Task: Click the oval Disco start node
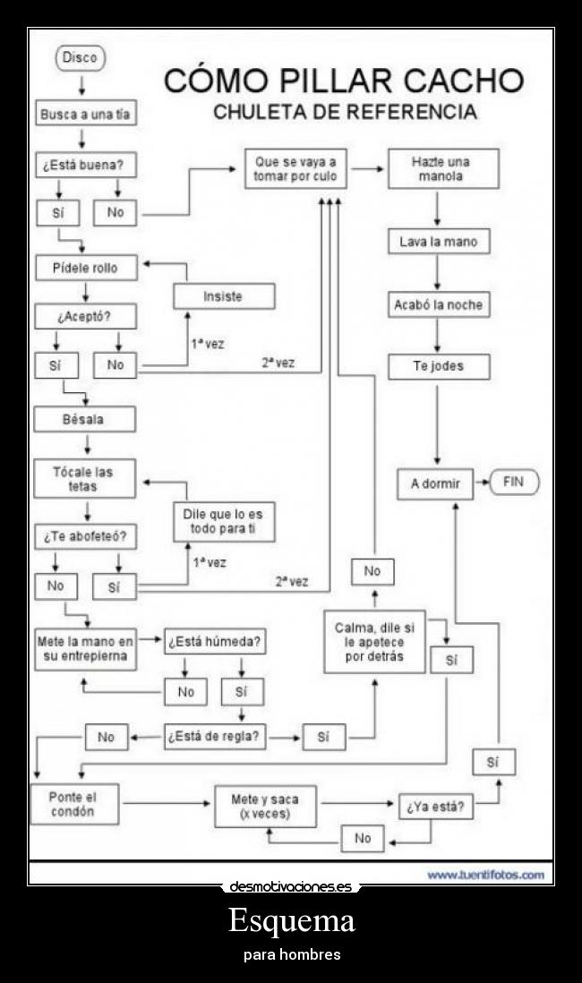tap(81, 59)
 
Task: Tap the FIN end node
tap(512, 483)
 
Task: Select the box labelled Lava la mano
tap(438, 242)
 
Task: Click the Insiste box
tap(223, 296)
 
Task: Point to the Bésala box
tap(84, 419)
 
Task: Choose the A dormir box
tap(435, 483)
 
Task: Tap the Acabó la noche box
tap(438, 304)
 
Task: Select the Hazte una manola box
tap(441, 169)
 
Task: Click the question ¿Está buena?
tap(80, 166)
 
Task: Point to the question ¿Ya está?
tap(435, 806)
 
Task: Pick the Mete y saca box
tap(265, 806)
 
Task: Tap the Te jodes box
tap(438, 366)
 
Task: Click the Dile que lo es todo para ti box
tap(223, 522)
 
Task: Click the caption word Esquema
tap(291, 920)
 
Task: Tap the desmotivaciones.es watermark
tap(291, 887)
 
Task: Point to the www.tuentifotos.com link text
tap(484, 874)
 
